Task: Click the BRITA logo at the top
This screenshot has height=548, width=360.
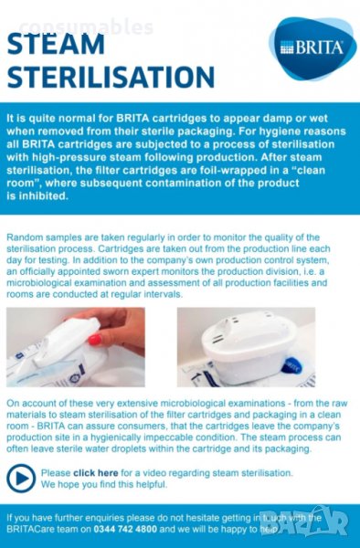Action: point(312,48)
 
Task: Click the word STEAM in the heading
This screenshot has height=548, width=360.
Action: point(56,44)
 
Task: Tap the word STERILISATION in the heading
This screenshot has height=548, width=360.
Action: point(111,77)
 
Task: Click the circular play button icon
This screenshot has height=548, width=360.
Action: point(21,478)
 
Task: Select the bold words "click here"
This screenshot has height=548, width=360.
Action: point(95,473)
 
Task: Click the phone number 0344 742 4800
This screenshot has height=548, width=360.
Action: point(125,529)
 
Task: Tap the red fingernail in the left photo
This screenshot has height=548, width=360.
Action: point(95,339)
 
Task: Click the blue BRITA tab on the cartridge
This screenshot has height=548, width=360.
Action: point(291,366)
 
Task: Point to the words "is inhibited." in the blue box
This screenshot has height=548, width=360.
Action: point(37,196)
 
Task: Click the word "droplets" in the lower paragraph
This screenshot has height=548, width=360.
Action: point(129,448)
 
